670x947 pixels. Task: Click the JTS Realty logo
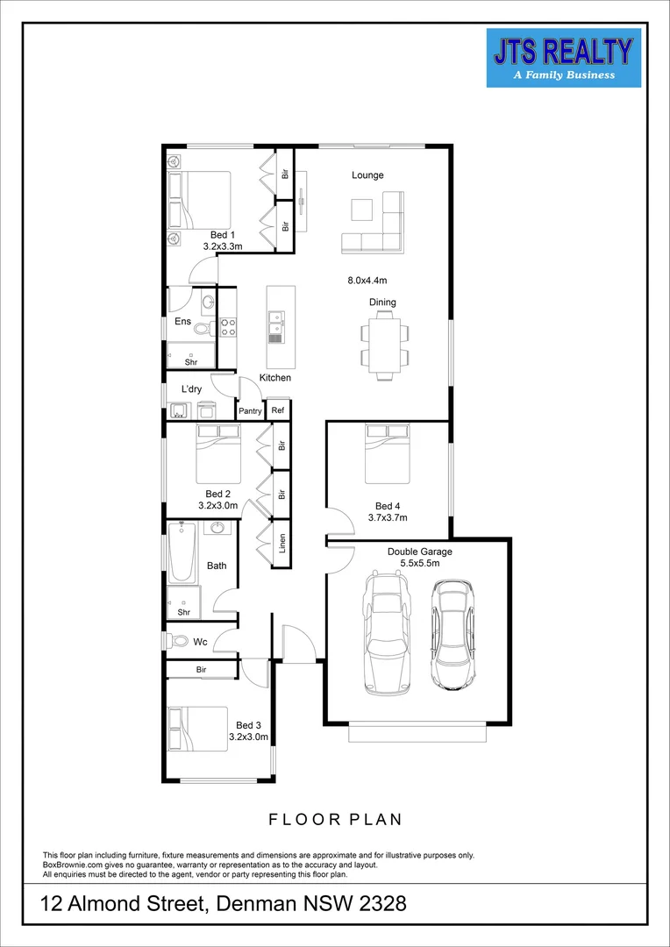563,58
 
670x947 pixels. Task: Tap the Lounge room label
367,175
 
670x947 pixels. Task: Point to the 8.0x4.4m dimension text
367,281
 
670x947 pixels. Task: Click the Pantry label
251,410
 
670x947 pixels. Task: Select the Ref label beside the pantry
278,410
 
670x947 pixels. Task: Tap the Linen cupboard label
282,544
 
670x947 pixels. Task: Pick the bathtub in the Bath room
182,553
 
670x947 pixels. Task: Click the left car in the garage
386,630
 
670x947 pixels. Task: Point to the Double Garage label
420,552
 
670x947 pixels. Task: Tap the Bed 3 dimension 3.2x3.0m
248,737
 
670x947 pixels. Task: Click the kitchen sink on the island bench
276,325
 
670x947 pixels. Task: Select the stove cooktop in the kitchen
227,327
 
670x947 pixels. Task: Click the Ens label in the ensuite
182,322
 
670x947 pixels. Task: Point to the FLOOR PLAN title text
335,820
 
